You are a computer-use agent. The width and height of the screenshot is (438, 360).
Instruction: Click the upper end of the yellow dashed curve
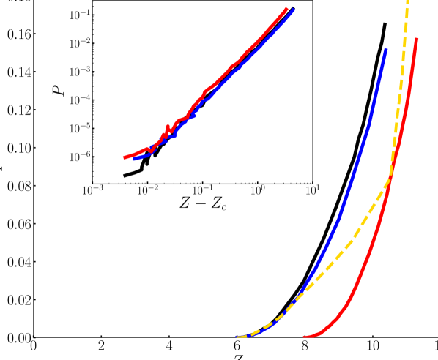point(407,2)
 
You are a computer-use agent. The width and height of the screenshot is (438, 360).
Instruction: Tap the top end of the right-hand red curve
point(417,39)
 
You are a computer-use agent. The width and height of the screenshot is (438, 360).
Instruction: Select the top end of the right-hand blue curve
point(385,50)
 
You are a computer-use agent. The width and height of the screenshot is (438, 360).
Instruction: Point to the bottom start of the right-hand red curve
point(305,336)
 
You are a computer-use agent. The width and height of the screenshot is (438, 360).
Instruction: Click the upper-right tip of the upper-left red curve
point(286,9)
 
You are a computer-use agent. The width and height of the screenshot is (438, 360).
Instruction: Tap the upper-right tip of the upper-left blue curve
point(294,10)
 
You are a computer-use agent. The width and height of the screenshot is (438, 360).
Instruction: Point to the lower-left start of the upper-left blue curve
point(135,158)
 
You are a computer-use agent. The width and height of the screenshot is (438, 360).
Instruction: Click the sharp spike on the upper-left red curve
point(167,127)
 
